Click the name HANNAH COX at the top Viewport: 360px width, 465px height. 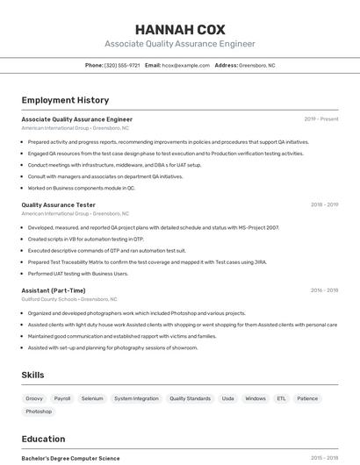(x=180, y=29)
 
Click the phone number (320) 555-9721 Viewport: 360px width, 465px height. (x=122, y=66)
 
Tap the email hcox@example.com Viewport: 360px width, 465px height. (x=185, y=66)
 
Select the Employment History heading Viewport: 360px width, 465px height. (x=65, y=101)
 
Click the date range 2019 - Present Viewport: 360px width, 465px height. (x=321, y=119)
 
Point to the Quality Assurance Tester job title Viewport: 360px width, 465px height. (x=59, y=204)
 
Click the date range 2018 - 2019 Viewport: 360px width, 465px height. (x=324, y=204)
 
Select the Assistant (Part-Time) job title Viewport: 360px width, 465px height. (x=54, y=290)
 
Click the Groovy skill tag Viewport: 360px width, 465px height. (x=34, y=398)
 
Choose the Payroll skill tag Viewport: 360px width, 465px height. (x=62, y=398)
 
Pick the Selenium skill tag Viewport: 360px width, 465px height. (x=92, y=398)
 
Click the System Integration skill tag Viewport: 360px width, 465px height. (x=136, y=398)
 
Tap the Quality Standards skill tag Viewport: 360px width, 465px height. (x=190, y=398)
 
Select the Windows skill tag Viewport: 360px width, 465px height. (x=256, y=398)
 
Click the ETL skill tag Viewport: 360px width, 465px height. (x=281, y=398)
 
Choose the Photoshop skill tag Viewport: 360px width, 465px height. (x=39, y=411)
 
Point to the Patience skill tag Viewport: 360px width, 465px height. (x=307, y=398)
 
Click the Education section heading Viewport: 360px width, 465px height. (x=43, y=440)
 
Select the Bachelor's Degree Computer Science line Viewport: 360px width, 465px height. (x=70, y=458)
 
